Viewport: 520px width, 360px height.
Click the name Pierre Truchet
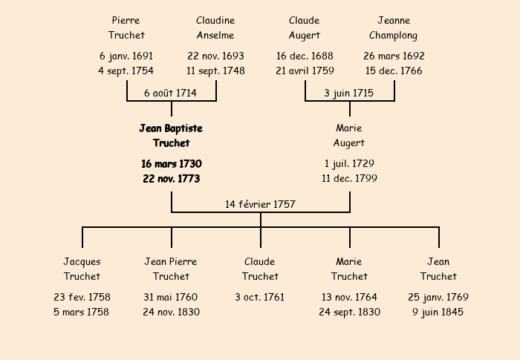(x=126, y=27)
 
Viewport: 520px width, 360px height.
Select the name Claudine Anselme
(x=215, y=27)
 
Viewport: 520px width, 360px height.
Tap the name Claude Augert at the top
(x=305, y=27)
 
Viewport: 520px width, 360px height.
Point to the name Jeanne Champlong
(x=394, y=27)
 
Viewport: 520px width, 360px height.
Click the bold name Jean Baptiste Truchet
(x=171, y=135)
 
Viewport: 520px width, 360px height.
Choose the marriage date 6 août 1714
(x=171, y=93)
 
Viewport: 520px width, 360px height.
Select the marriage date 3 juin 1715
(x=349, y=93)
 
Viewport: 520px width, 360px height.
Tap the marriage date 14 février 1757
(x=260, y=204)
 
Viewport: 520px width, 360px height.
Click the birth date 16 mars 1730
(x=171, y=163)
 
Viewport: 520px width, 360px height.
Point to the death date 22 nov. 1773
(x=171, y=178)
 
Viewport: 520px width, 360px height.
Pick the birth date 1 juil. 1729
(x=349, y=163)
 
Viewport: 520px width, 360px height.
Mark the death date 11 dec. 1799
(x=349, y=178)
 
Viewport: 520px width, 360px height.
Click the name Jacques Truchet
(x=82, y=269)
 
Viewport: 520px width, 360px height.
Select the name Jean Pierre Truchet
(x=171, y=269)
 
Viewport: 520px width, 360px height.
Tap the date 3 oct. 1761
(x=260, y=297)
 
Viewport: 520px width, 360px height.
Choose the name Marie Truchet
(x=349, y=269)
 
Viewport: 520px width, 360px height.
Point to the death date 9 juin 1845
(x=438, y=312)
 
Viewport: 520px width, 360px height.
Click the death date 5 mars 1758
(x=82, y=312)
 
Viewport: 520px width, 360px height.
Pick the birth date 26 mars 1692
(x=394, y=56)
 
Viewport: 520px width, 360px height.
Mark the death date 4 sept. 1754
(x=126, y=71)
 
